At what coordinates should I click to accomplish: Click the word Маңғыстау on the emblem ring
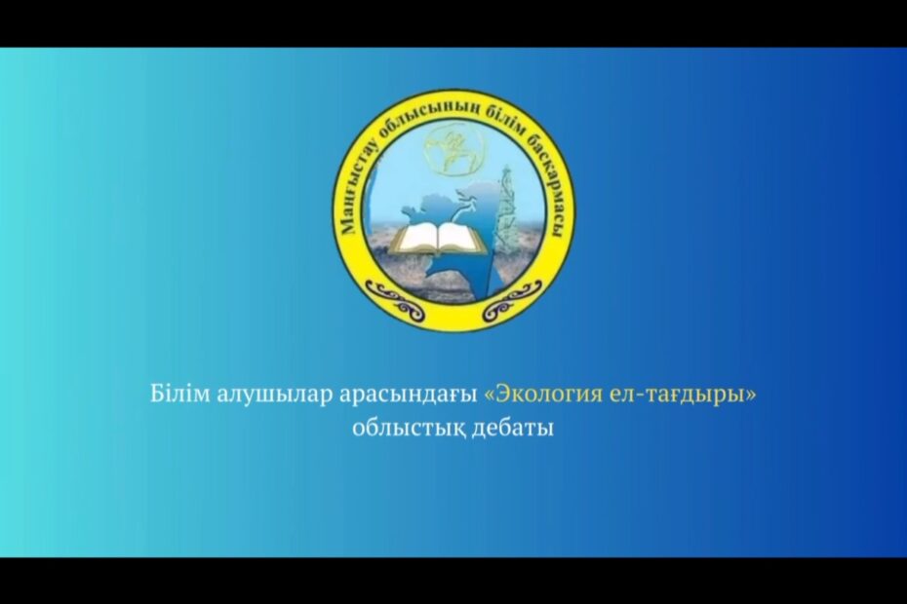(356, 191)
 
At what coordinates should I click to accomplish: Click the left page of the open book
(414, 237)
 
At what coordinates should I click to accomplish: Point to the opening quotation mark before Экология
(490, 396)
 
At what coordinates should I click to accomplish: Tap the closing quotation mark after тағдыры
(751, 396)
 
